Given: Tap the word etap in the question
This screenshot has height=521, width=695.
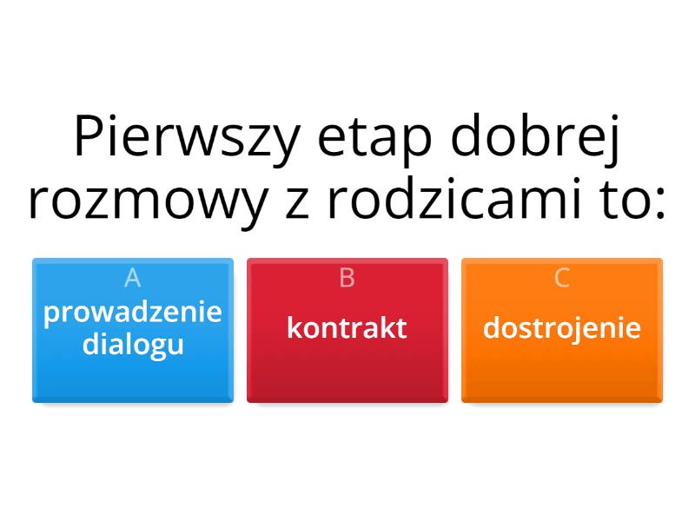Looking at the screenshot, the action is pos(374,141).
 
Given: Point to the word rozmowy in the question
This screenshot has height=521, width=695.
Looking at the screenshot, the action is pos(149,204).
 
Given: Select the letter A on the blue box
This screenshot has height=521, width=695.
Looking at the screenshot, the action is pos(133,278).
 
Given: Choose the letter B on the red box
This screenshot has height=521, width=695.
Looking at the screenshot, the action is pos(347,278).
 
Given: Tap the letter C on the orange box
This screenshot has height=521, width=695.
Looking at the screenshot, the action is pos(561,278).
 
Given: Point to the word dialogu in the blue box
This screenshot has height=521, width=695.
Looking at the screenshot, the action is pos(133,345).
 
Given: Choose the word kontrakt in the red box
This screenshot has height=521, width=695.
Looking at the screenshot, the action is pos(347,328).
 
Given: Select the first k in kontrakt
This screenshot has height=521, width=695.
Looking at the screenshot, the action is pos(295,327).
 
